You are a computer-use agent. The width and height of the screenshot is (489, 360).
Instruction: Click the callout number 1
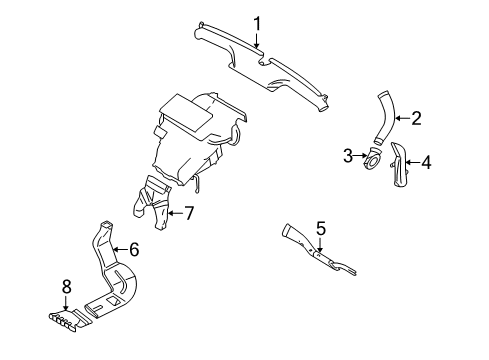257,24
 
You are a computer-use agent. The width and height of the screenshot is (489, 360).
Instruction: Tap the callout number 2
417,119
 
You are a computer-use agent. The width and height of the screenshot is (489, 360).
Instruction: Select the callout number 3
348,155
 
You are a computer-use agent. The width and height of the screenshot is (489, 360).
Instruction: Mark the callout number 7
187,212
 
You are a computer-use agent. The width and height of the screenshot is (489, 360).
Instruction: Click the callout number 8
67,287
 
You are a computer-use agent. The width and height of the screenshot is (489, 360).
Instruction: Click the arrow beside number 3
360,156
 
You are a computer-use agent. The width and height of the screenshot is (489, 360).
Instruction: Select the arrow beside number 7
173,212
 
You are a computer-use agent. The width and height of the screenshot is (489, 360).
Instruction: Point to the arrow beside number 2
400,119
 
